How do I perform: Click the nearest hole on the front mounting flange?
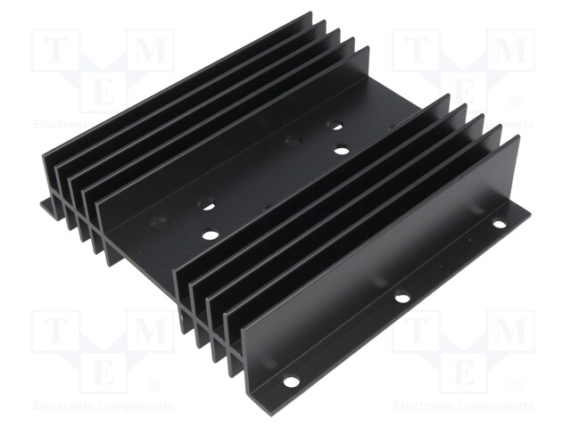[291, 382]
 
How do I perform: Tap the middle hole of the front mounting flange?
[402, 298]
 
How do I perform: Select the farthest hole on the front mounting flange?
[500, 224]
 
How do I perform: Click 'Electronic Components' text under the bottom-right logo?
[464, 406]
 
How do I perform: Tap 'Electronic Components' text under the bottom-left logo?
[103, 406]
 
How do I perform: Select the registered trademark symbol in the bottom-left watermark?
[155, 385]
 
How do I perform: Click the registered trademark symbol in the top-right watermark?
[517, 104]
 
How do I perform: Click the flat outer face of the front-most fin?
[384, 259]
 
